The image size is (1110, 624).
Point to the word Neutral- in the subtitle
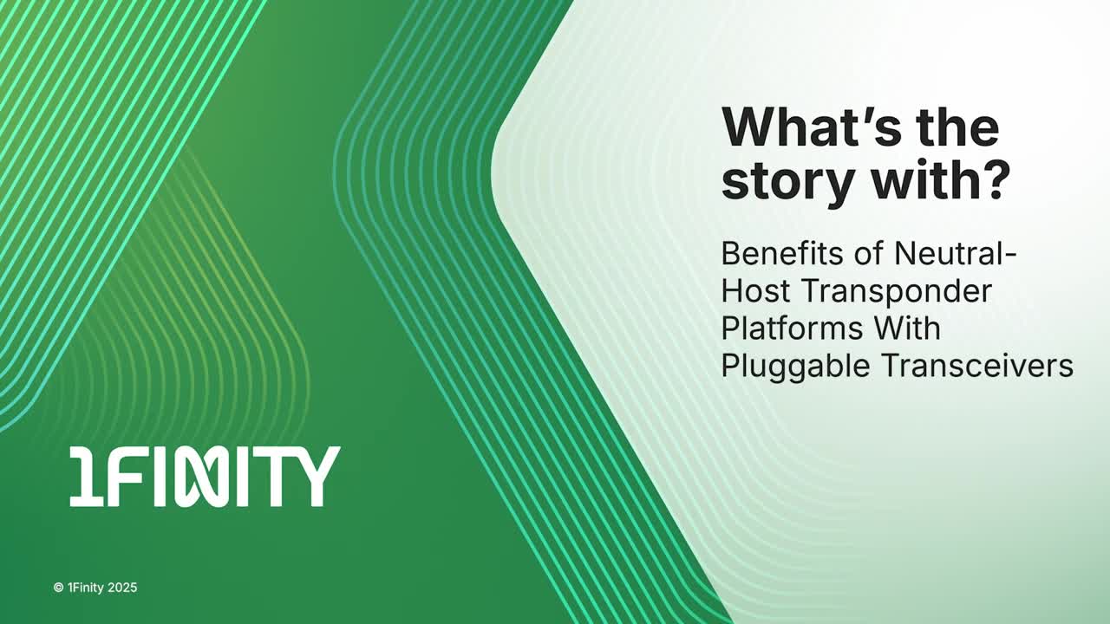(x=956, y=254)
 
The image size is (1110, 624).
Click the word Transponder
(x=897, y=293)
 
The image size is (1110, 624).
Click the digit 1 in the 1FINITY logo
(x=87, y=477)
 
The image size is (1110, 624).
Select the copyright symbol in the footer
(x=58, y=588)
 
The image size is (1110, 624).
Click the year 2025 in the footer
(x=122, y=588)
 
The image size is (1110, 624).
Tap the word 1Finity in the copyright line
(x=86, y=588)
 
